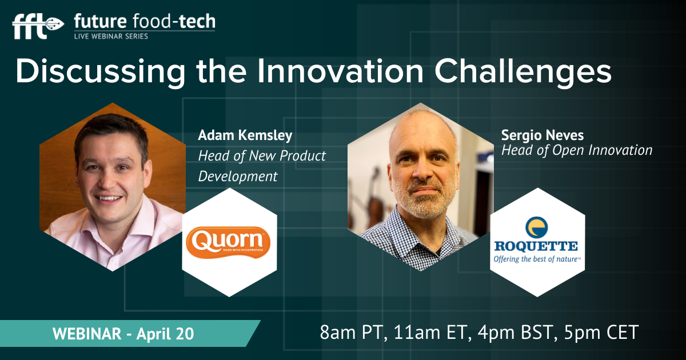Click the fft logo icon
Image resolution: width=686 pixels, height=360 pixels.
click(x=38, y=26)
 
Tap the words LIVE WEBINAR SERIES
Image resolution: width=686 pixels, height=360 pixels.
click(x=111, y=37)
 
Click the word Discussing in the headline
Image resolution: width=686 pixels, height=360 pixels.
click(x=101, y=72)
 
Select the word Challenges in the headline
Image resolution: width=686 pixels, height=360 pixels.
click(x=523, y=72)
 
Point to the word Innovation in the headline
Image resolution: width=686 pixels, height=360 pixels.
click(x=340, y=71)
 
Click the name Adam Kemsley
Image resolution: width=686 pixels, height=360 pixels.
click(x=245, y=135)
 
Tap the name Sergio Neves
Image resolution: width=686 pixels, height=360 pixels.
click(x=543, y=135)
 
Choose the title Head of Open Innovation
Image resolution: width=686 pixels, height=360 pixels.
click(x=577, y=150)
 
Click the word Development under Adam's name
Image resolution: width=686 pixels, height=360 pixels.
click(x=238, y=177)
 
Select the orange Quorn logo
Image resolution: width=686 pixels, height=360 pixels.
click(x=228, y=242)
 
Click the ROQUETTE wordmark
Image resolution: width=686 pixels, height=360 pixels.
click(x=536, y=246)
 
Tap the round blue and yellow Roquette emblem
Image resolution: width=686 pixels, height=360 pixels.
click(x=537, y=227)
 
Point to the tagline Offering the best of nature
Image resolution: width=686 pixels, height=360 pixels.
click(x=537, y=259)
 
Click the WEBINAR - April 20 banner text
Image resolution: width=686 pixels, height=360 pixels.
click(x=123, y=333)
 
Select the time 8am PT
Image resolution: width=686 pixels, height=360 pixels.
click(x=352, y=333)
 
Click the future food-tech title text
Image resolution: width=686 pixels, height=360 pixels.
click(x=145, y=22)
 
